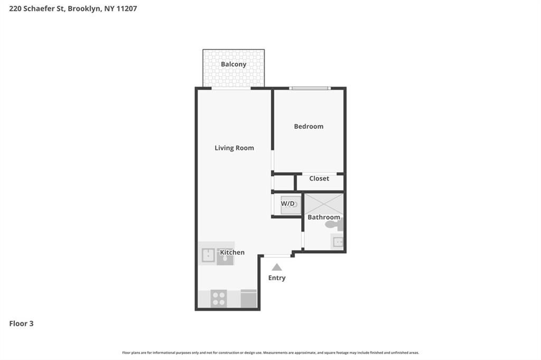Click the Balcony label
[234, 64]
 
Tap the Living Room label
[234, 148]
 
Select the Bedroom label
[309, 126]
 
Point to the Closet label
[319, 178]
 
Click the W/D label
[288, 204]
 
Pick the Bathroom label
[324, 217]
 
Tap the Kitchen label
[232, 252]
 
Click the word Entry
[277, 278]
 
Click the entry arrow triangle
[277, 268]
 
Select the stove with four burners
[219, 298]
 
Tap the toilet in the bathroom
[334, 224]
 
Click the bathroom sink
[337, 243]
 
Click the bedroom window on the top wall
[310, 88]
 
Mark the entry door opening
[277, 256]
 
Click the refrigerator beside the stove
[248, 298]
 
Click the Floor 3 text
[21, 324]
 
